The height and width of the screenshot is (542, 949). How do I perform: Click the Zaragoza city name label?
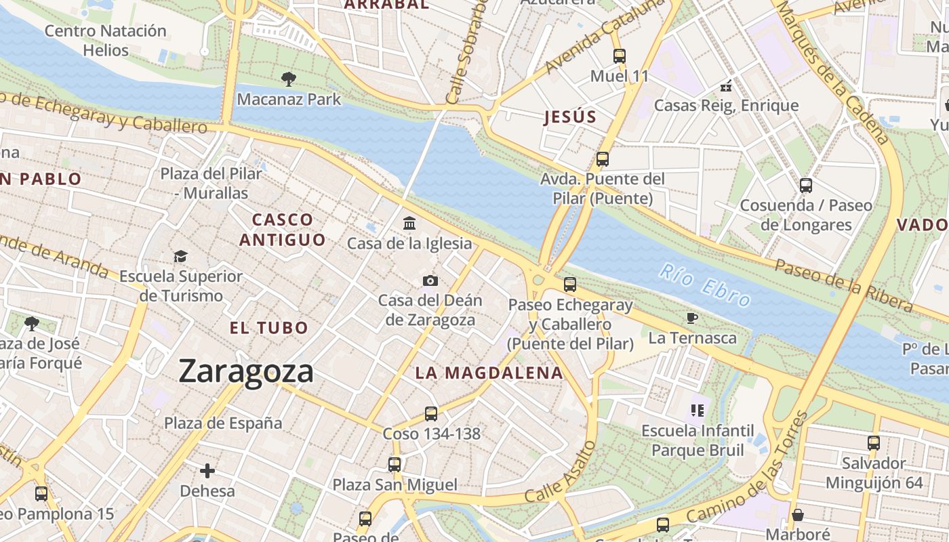(x=246, y=371)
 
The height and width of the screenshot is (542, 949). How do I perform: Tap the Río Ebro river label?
(x=705, y=285)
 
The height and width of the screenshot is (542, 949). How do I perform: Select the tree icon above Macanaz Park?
(x=289, y=79)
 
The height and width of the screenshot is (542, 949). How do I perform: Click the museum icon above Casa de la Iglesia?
(x=409, y=223)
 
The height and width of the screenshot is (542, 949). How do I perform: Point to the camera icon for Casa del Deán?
(x=430, y=280)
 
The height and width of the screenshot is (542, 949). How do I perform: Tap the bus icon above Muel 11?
(x=619, y=56)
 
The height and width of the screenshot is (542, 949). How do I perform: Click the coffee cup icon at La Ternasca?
(x=691, y=318)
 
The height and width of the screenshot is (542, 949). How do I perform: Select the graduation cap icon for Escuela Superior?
(x=180, y=256)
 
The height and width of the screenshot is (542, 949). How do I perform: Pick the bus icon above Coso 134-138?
(x=431, y=413)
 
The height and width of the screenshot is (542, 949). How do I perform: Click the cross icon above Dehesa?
(x=207, y=470)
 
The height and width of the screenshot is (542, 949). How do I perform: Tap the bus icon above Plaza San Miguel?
(x=395, y=464)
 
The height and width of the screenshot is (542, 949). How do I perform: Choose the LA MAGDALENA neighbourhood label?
(x=489, y=373)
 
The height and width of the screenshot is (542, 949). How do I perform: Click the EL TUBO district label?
(x=269, y=328)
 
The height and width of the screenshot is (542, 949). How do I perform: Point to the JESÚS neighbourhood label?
(x=570, y=117)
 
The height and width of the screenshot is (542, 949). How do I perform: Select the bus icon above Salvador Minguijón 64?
(x=874, y=443)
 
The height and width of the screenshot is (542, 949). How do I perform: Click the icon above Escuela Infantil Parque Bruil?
(x=698, y=410)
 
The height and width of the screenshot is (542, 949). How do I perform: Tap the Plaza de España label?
(x=223, y=423)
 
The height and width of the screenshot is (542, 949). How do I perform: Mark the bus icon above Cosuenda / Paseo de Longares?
(x=806, y=185)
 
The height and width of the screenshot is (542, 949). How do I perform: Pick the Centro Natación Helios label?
(x=105, y=40)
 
